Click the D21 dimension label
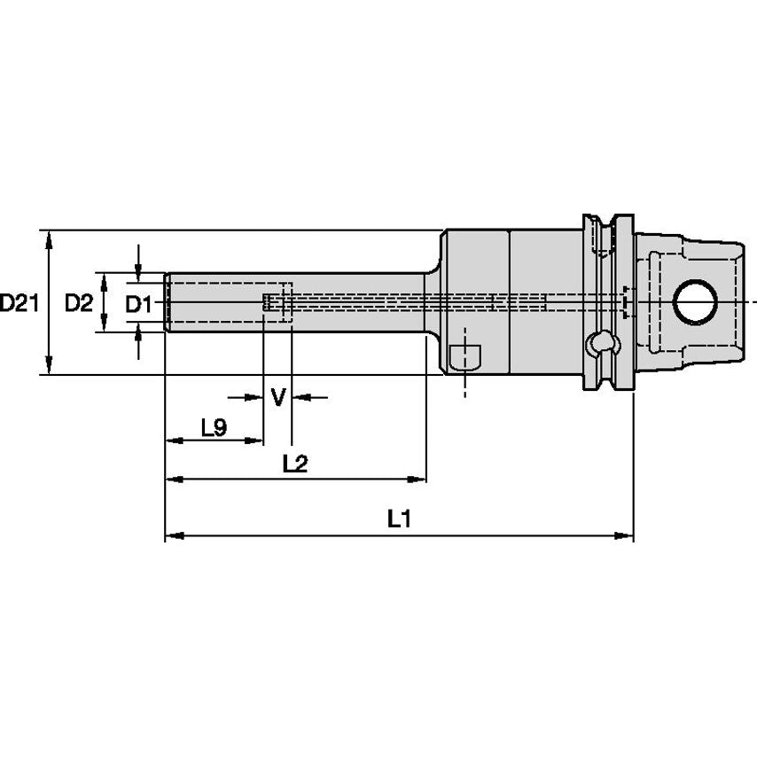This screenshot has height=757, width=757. [x=19, y=303]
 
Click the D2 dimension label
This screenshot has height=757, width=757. [x=79, y=303]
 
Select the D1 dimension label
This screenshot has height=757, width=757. [x=137, y=304]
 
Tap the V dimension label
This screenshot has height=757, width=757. [x=278, y=396]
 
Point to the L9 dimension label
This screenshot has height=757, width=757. [x=214, y=428]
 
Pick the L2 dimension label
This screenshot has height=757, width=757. [x=294, y=463]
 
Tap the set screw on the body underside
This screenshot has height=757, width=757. [x=464, y=356]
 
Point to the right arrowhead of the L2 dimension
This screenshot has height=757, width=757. [x=418, y=480]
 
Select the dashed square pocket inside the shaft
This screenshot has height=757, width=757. [x=277, y=303]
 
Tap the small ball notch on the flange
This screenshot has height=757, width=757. [x=602, y=341]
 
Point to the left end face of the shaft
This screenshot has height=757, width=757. [x=167, y=303]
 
